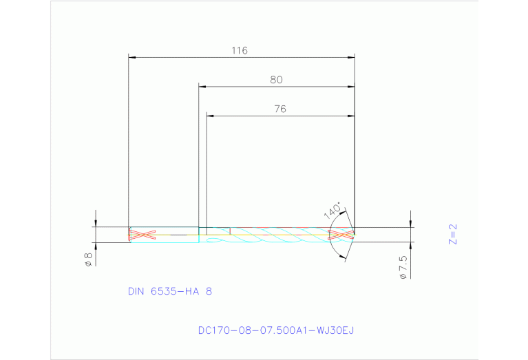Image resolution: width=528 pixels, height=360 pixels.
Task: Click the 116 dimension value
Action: coord(239,50)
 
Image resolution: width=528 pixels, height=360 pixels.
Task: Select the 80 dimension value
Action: coord(276,80)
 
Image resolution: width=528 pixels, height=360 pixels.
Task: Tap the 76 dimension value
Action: coord(279,109)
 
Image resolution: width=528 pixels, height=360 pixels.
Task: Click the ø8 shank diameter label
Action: coord(88,260)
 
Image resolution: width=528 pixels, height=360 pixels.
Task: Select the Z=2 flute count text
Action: coord(452,235)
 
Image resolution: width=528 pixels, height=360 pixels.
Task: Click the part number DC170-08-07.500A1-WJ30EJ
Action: coord(275,330)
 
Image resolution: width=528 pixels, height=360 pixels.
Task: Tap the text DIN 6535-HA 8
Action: coord(169,291)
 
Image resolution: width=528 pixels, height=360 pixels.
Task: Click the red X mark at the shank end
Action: coord(140,235)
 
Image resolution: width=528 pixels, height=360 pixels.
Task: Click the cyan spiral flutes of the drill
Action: coord(275,237)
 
